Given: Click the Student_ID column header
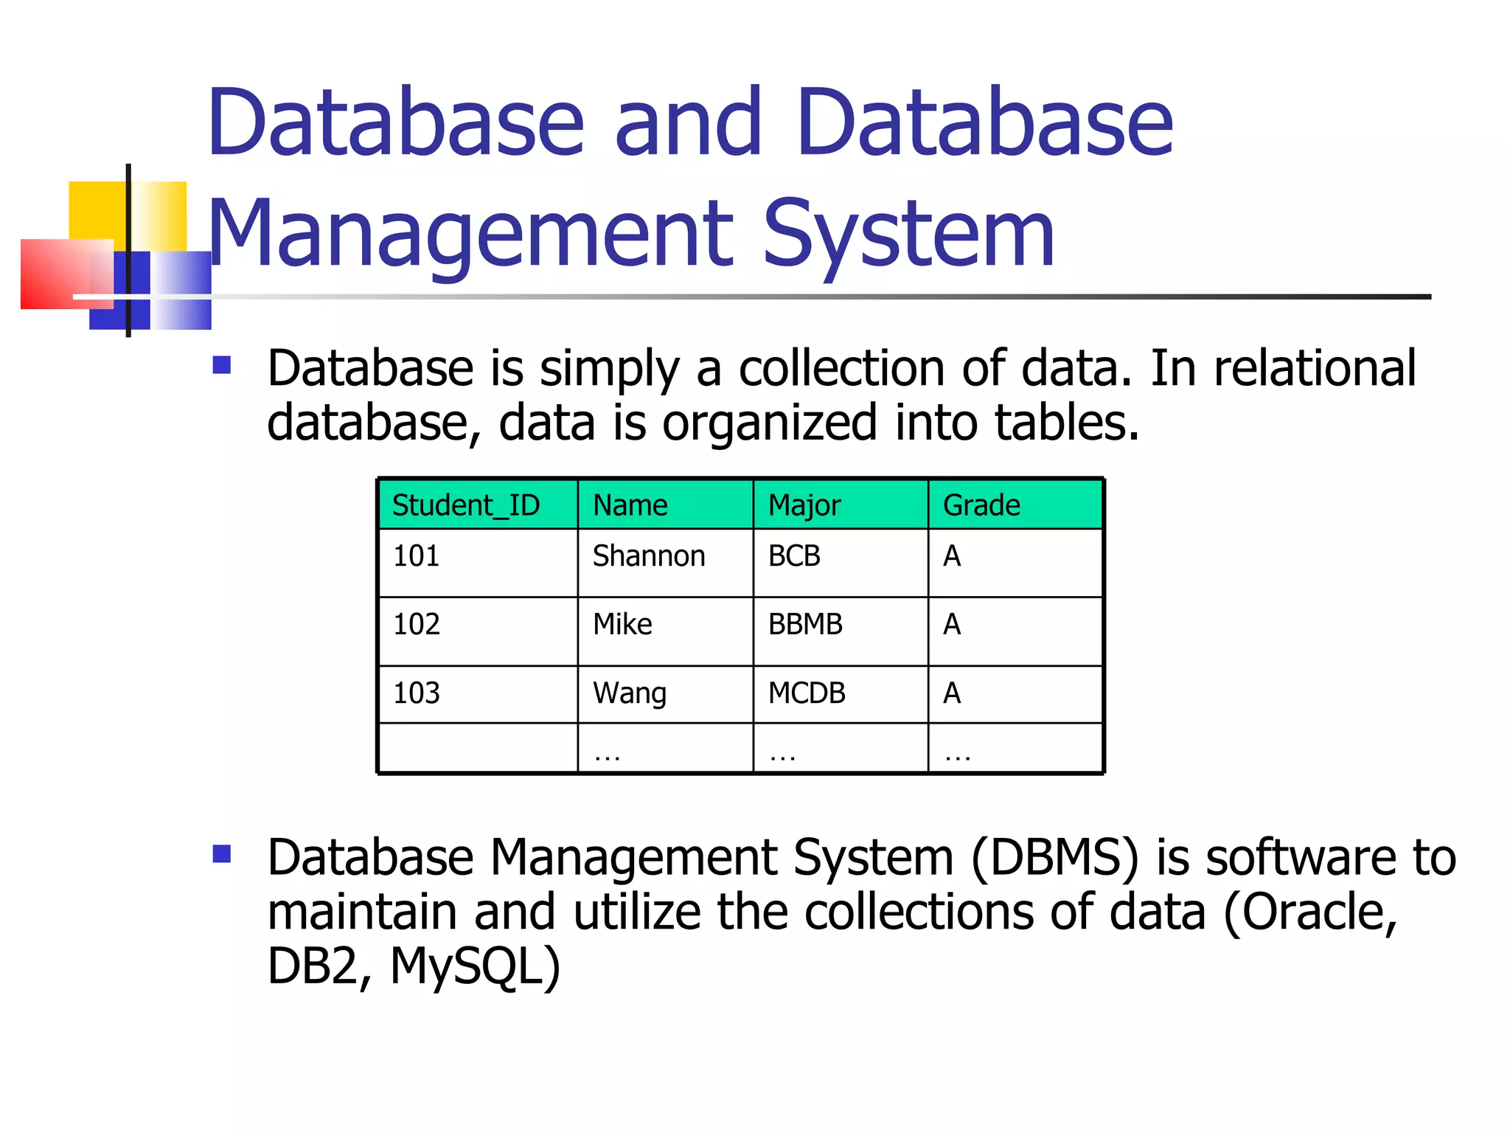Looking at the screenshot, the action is (x=466, y=506).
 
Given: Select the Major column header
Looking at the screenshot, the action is (x=804, y=506).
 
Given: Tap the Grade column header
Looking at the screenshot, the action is (x=981, y=506).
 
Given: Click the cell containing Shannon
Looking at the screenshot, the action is (x=649, y=556).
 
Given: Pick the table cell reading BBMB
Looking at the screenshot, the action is (x=805, y=625).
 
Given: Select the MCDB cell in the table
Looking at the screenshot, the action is (x=807, y=693).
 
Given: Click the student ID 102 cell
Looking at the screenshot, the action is (x=417, y=625).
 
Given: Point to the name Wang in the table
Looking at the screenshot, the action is (x=630, y=693).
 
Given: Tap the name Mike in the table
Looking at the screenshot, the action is (x=622, y=625).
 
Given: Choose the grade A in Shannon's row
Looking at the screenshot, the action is (x=952, y=556).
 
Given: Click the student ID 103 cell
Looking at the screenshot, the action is (x=417, y=693).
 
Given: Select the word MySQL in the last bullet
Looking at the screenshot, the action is (x=476, y=966).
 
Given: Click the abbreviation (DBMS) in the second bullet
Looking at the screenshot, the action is (x=1055, y=858).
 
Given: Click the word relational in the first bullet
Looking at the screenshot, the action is (x=1315, y=368).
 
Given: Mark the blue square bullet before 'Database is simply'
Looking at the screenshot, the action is (x=222, y=365).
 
